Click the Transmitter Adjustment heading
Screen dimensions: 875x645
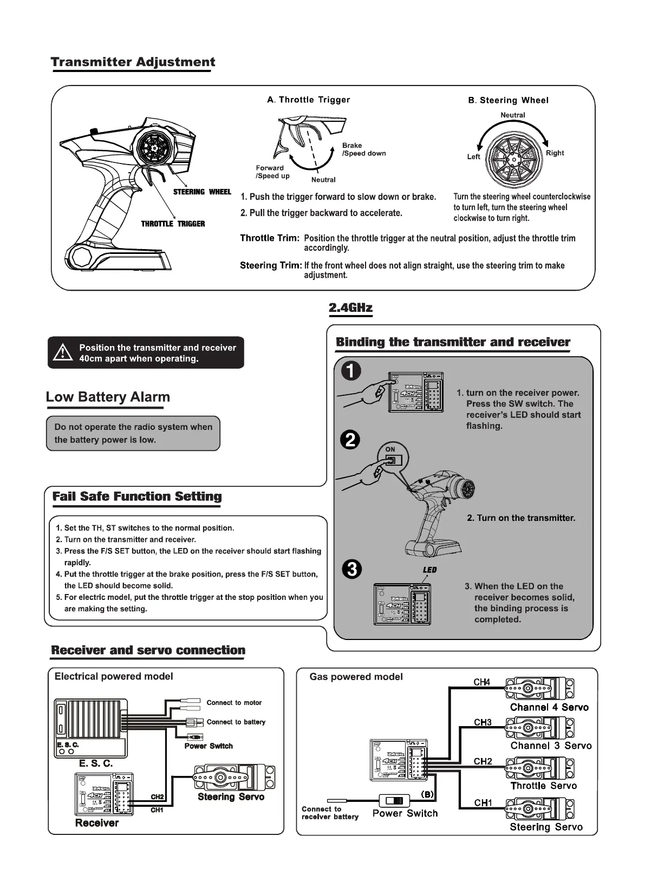133,62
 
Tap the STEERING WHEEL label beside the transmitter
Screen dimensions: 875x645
201,192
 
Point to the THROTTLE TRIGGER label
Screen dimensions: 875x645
173,224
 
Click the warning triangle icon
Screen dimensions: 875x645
63,353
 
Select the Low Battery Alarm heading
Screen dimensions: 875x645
108,397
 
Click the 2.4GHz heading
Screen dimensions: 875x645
350,308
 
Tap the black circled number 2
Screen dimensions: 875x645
351,439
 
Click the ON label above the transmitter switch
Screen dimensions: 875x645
390,449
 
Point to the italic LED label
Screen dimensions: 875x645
429,570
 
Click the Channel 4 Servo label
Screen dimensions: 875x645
549,707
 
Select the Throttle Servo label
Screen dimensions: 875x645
543,786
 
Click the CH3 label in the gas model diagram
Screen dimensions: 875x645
483,722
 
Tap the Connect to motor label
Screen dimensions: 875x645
234,703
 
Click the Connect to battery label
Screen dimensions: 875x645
236,722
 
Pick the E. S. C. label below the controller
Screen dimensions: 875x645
96,763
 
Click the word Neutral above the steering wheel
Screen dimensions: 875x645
512,115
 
